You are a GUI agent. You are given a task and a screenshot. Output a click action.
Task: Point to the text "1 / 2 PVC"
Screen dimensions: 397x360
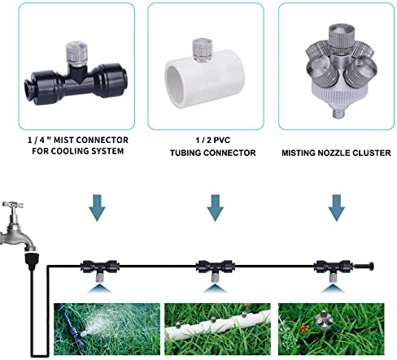click(x=213, y=141)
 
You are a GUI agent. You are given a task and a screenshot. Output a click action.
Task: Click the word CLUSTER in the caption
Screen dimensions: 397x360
click(x=372, y=153)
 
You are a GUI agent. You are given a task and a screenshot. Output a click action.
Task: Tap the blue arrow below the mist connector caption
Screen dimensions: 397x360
click(x=97, y=207)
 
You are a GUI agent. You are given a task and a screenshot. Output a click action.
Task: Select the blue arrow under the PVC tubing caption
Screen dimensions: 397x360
click(x=216, y=207)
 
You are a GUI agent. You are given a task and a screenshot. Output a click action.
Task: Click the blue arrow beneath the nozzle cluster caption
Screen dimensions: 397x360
click(x=337, y=207)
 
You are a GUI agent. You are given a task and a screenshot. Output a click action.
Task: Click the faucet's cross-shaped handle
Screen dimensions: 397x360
click(x=13, y=205)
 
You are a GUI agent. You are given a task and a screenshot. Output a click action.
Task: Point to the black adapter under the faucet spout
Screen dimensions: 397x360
click(x=32, y=261)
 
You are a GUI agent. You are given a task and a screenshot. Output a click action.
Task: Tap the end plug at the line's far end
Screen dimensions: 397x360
click(x=364, y=267)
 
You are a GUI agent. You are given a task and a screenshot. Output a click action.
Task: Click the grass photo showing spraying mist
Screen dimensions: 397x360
click(x=107, y=329)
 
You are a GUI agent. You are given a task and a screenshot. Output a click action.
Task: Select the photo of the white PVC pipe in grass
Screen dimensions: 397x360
click(x=217, y=329)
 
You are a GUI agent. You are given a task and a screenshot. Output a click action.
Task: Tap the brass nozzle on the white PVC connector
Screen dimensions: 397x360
click(x=202, y=49)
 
